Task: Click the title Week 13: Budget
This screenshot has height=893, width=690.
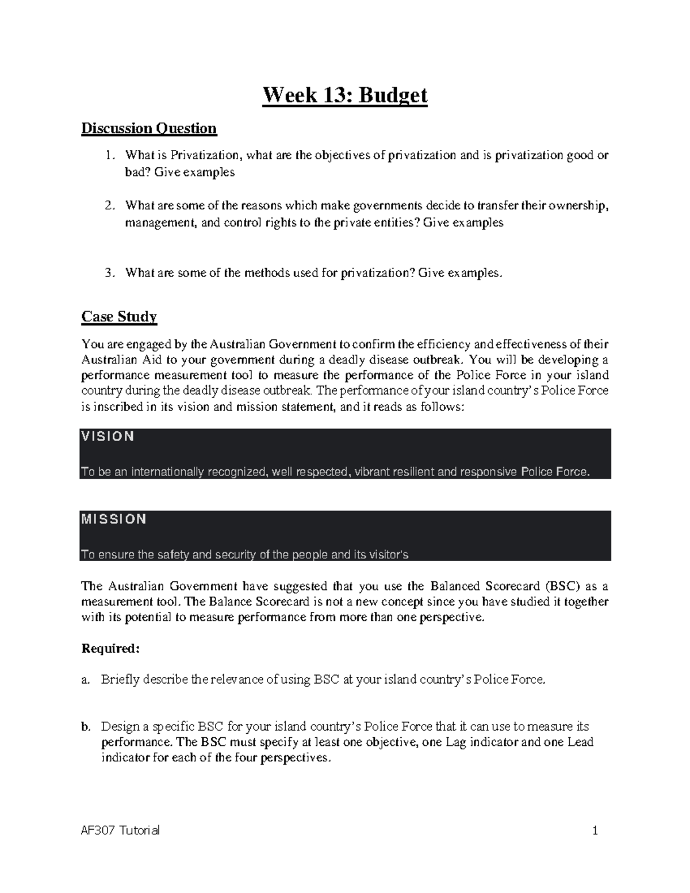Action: pyautogui.click(x=345, y=95)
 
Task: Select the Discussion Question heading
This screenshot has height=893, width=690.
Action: pyautogui.click(x=149, y=128)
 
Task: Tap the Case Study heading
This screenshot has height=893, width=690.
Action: pyautogui.click(x=119, y=317)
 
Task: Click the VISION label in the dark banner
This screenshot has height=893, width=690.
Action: pyautogui.click(x=108, y=436)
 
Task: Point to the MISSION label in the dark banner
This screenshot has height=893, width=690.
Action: pyautogui.click(x=114, y=519)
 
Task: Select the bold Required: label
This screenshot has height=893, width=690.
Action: pyautogui.click(x=110, y=649)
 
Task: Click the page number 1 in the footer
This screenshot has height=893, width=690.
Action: pyautogui.click(x=596, y=830)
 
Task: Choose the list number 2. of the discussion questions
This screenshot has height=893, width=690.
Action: pyautogui.click(x=110, y=206)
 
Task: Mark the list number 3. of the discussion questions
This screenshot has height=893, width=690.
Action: pyautogui.click(x=110, y=273)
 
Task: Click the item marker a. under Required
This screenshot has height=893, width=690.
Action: pyautogui.click(x=86, y=680)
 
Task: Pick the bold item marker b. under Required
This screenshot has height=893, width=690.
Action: pyautogui.click(x=86, y=727)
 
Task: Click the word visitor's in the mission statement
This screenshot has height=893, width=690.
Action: pyautogui.click(x=385, y=555)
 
